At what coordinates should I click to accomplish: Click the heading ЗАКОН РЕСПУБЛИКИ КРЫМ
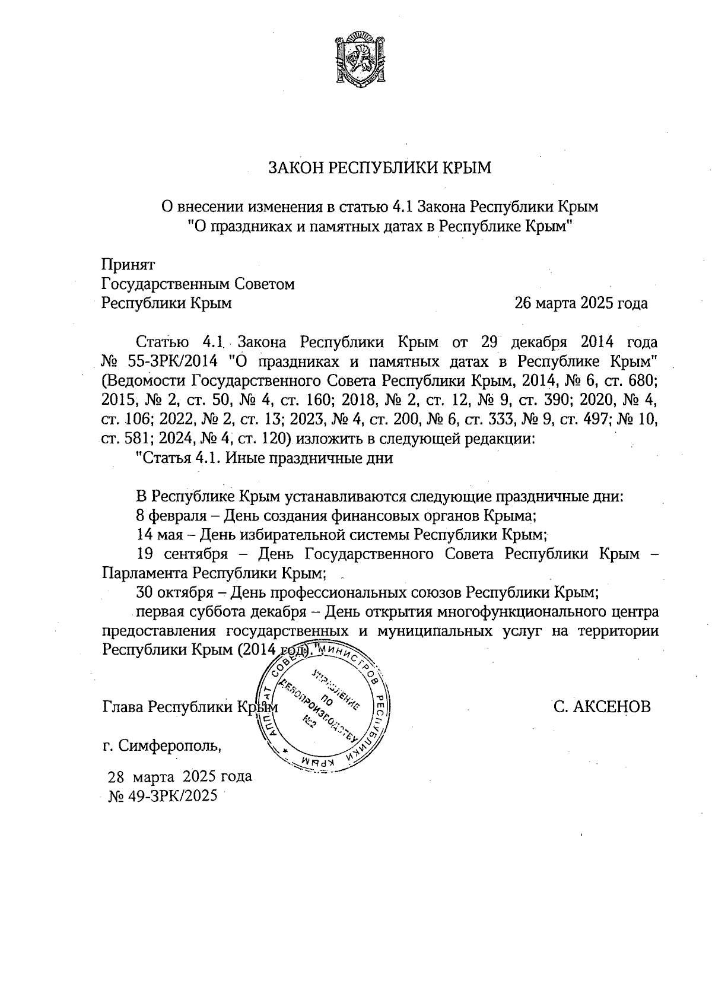pyautogui.click(x=380, y=168)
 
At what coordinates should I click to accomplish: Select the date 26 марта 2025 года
pyautogui.click(x=581, y=304)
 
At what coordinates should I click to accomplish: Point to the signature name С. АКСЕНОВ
pyautogui.click(x=602, y=707)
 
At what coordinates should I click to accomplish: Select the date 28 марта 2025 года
pyautogui.click(x=179, y=776)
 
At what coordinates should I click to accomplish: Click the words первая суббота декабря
pyautogui.click(x=223, y=611)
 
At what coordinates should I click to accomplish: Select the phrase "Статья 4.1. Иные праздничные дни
pyautogui.click(x=265, y=458)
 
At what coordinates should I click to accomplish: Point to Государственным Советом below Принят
pyautogui.click(x=198, y=284)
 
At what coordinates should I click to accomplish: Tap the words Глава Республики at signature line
pyautogui.click(x=169, y=707)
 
